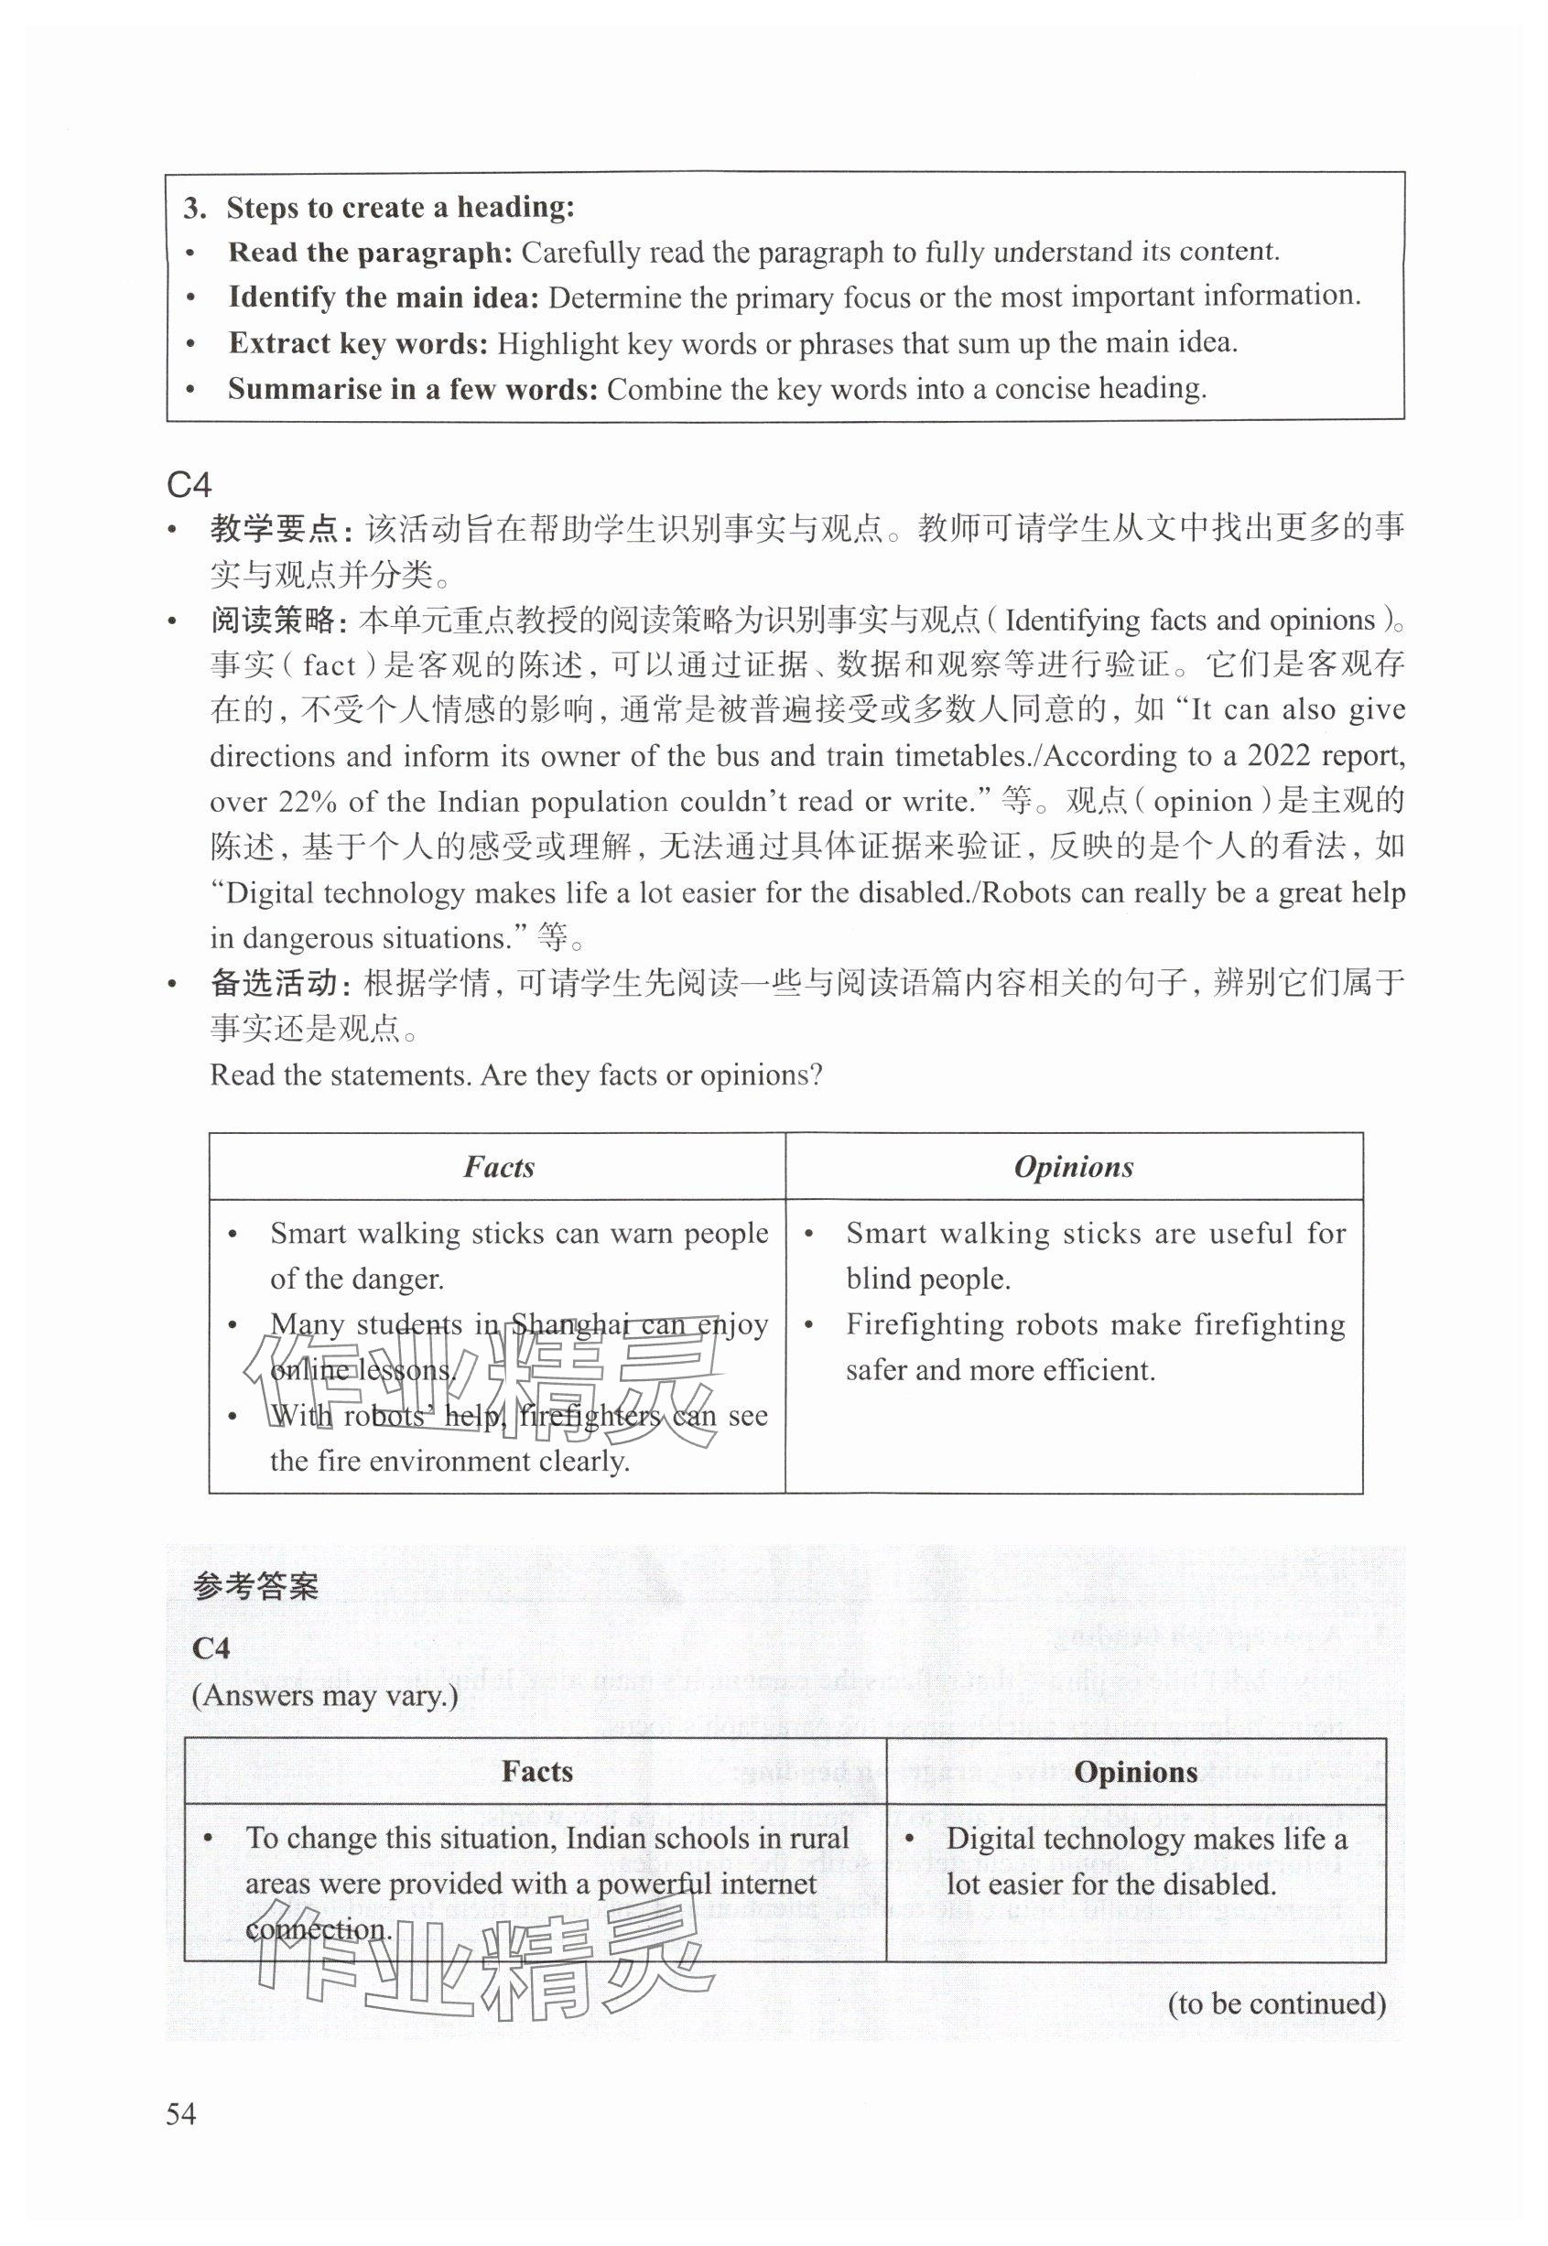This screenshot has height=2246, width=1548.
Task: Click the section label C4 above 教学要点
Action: point(189,483)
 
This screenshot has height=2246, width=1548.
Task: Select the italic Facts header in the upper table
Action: point(499,1167)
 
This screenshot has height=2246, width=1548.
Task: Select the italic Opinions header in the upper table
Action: point(1074,1167)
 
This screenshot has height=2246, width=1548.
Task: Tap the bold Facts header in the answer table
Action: point(536,1772)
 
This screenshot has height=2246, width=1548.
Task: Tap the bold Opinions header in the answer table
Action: point(1135,1772)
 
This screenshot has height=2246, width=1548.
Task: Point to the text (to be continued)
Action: point(1276,2003)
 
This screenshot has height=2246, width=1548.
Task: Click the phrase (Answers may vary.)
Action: point(324,1695)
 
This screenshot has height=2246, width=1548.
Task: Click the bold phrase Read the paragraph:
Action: point(370,252)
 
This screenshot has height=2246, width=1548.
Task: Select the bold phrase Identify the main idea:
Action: point(384,297)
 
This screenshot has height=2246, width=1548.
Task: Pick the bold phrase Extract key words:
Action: point(358,342)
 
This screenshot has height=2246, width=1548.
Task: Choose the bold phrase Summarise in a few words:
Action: point(412,389)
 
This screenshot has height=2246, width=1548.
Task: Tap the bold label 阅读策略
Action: point(273,621)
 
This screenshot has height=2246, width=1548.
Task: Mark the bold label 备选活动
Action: point(273,983)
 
